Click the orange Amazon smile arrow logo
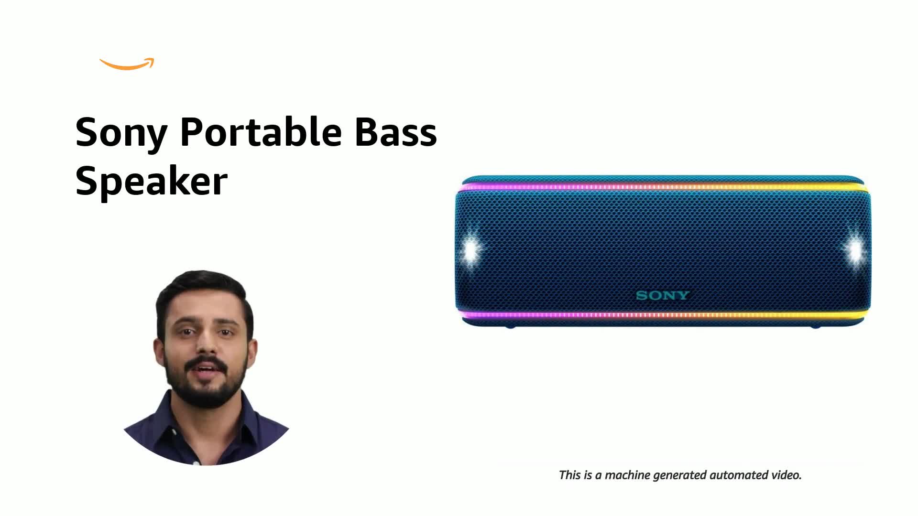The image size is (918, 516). coord(127,65)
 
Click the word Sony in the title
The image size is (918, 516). coord(121,132)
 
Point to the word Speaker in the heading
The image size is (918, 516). coord(151,182)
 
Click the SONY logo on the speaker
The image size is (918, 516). coord(662,295)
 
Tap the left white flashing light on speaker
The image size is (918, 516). coord(472,250)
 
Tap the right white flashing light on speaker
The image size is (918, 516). coord(854,250)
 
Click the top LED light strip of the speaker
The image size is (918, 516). coord(662,187)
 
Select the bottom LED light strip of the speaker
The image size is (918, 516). coord(662,315)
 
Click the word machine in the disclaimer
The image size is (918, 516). coord(627,475)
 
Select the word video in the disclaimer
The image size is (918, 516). coord(786,475)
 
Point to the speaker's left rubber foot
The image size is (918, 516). coord(510,327)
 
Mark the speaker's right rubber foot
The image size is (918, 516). coord(815,327)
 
